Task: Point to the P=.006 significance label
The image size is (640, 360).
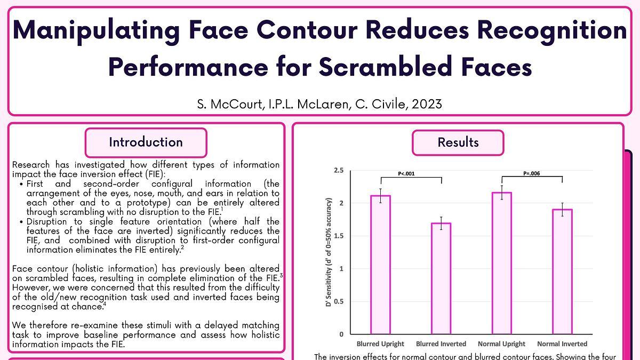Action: click(532, 173)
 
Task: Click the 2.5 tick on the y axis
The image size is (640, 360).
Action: click(339, 170)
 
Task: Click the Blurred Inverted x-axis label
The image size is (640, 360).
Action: click(441, 344)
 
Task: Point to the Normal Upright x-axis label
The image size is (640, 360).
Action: click(501, 344)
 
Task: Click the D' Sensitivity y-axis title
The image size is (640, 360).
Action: click(329, 252)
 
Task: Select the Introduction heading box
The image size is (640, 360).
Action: click(146, 142)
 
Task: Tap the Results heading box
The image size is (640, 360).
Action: click(458, 142)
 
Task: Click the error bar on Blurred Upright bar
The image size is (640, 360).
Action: click(380, 196)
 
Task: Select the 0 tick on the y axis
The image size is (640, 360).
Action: click(342, 334)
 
